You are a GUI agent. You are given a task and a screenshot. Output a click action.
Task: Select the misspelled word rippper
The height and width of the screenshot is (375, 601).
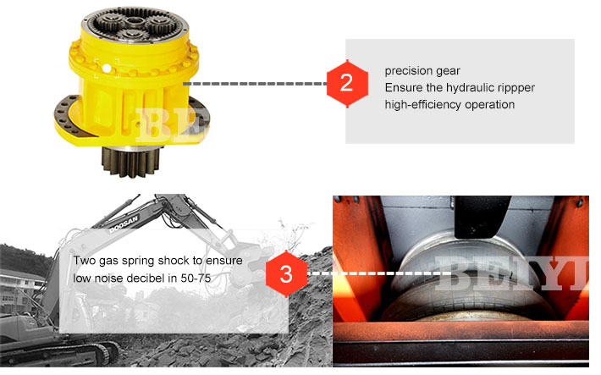(x=516, y=87)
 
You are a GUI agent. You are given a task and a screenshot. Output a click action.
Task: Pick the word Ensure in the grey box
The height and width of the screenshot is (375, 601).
(x=402, y=87)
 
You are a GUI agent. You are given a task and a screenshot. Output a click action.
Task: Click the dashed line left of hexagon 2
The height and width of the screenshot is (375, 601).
(x=254, y=84)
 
